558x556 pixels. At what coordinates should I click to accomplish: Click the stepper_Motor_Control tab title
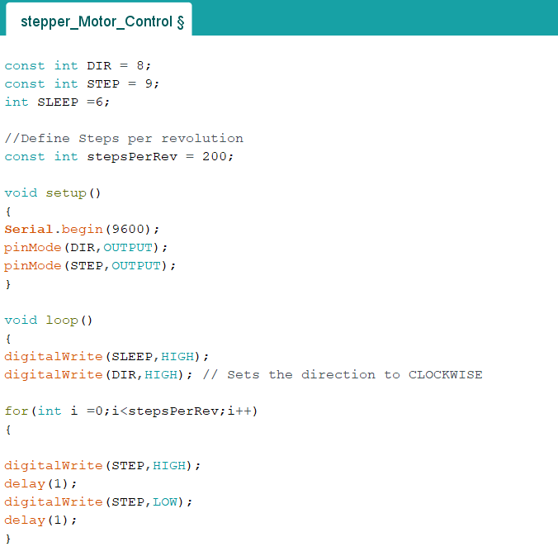point(102,21)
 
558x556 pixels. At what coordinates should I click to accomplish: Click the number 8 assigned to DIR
point(140,65)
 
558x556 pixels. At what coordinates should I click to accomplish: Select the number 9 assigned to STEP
point(149,83)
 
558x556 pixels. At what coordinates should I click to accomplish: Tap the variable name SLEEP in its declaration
point(58,102)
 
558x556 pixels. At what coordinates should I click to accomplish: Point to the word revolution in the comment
point(202,138)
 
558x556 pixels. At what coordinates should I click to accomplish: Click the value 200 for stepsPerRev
point(215,156)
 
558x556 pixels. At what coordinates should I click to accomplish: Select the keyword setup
point(66,193)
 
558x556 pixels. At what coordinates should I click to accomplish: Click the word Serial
point(28,229)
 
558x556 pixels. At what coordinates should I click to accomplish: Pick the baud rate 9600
point(128,229)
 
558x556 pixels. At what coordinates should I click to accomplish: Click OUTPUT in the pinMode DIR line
point(128,247)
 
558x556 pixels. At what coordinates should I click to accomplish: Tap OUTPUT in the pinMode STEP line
point(136,265)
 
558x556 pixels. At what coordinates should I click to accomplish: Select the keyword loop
point(62,320)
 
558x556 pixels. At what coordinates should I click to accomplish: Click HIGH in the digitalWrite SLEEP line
point(177,356)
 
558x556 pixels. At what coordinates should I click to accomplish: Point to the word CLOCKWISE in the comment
point(446,374)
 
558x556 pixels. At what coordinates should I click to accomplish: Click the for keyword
point(17,411)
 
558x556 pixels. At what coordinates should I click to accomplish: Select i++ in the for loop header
point(240,411)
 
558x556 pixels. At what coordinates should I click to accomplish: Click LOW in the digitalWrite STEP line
point(165,501)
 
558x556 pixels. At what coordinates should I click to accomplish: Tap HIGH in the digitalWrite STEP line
point(169,465)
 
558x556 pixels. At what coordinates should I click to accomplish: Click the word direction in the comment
point(338,374)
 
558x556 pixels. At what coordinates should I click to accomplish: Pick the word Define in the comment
point(45,138)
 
